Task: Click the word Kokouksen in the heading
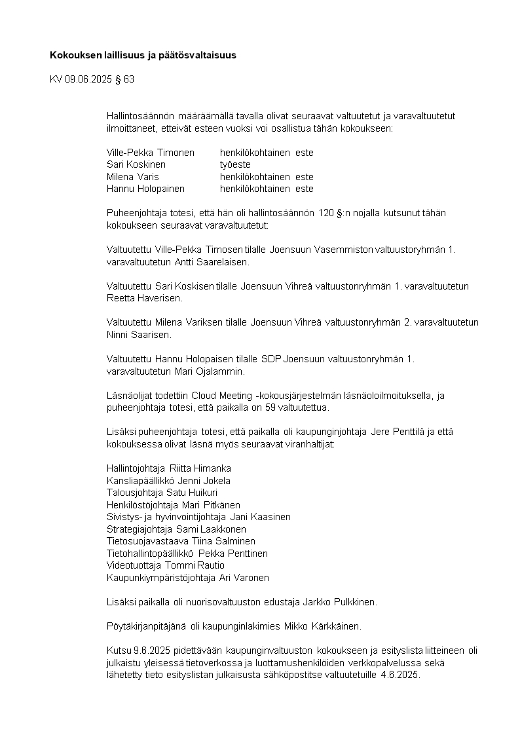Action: point(73,56)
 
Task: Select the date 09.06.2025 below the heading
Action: point(88,79)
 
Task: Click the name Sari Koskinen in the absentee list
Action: point(136,165)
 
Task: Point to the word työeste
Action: point(235,165)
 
